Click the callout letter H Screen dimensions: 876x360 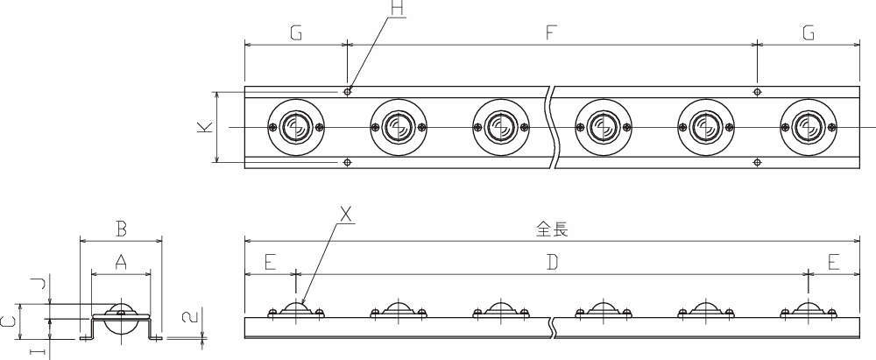pyautogui.click(x=397, y=10)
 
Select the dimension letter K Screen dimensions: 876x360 pyautogui.click(x=205, y=128)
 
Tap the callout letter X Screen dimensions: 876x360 pyautogui.click(x=346, y=215)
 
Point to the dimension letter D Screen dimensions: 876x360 pyautogui.click(x=552, y=262)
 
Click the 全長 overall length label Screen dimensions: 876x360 pyautogui.click(x=552, y=229)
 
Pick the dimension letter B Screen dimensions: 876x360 pyautogui.click(x=121, y=229)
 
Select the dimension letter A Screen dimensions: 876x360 pyautogui.click(x=121, y=262)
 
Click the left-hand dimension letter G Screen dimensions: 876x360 pyautogui.click(x=296, y=33)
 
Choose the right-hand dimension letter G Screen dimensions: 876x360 pyautogui.click(x=809, y=33)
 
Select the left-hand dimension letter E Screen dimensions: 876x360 pyautogui.click(x=271, y=262)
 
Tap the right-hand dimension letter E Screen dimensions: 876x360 pyautogui.click(x=834, y=262)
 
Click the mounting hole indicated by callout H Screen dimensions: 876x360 pyautogui.click(x=348, y=92)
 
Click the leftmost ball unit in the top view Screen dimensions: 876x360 pyautogui.click(x=295, y=128)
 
